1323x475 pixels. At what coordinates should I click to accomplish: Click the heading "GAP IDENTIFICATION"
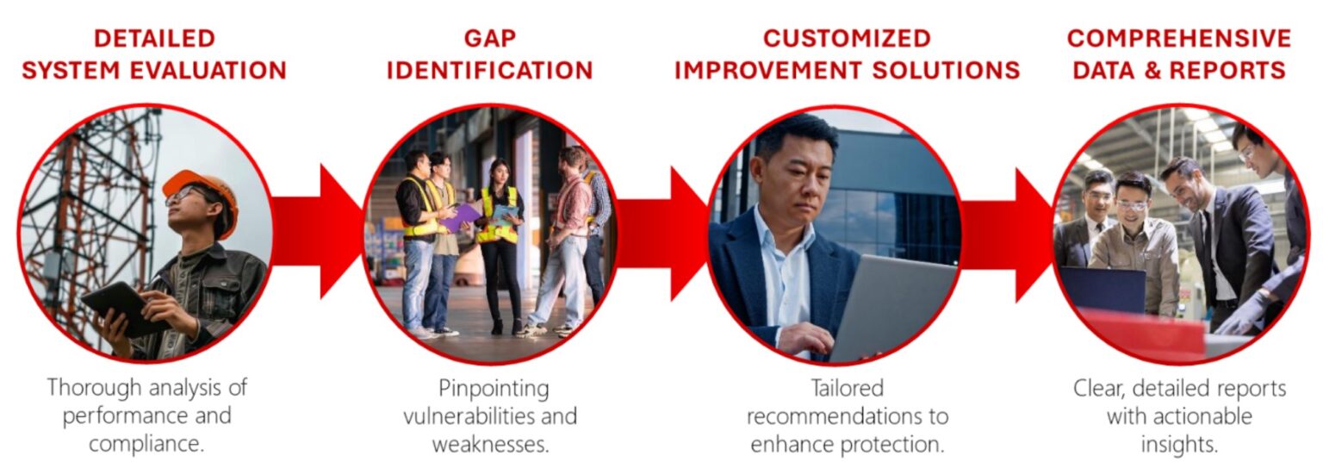tap(489, 54)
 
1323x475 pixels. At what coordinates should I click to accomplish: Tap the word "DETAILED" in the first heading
tap(154, 39)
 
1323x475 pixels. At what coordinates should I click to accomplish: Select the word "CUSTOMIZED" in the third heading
tap(847, 39)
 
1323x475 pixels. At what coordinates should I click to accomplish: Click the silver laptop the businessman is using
tap(891, 306)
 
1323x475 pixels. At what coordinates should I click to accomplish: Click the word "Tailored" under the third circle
tap(847, 388)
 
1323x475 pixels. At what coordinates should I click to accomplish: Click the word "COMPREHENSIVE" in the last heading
tap(1178, 39)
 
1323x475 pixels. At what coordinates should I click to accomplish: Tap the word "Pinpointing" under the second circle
tap(494, 388)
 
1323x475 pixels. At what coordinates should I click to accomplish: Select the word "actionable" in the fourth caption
tap(1204, 416)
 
